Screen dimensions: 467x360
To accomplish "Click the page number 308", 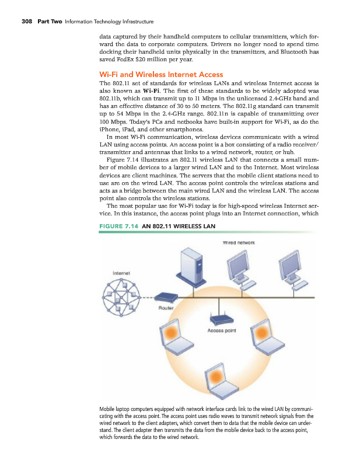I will click(x=26, y=22).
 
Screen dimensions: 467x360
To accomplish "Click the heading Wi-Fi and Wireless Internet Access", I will click(x=162, y=74).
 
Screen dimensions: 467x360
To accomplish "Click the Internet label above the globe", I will click(x=121, y=272).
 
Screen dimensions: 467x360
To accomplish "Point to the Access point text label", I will click(x=221, y=330).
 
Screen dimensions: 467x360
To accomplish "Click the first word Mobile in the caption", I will click(x=110, y=409).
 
